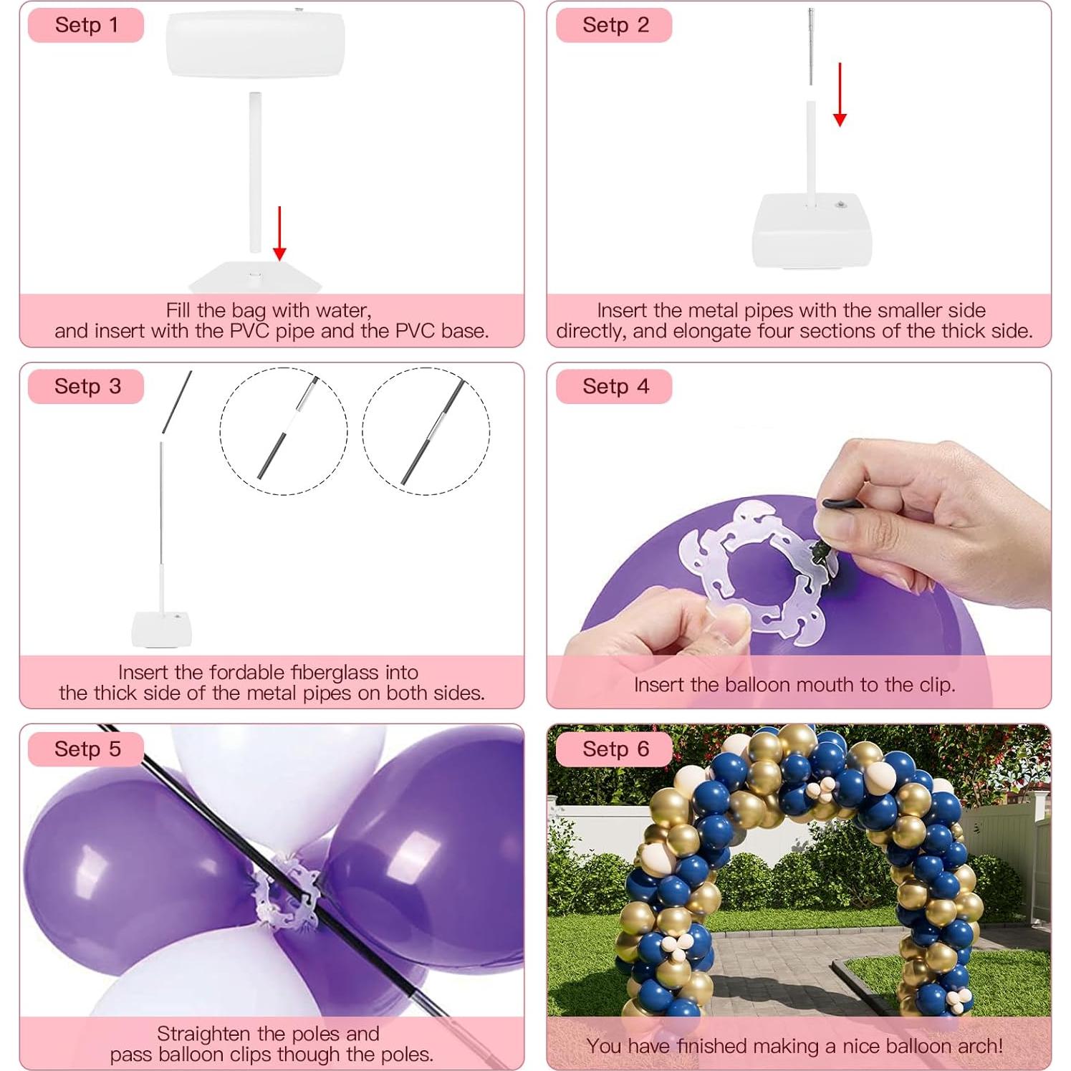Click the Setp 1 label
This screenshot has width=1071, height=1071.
click(x=86, y=25)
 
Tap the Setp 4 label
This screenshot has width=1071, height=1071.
click(x=615, y=387)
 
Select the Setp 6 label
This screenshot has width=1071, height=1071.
click(x=615, y=749)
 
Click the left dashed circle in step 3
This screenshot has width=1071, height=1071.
click(x=284, y=431)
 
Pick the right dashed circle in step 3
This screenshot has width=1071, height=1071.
click(x=426, y=431)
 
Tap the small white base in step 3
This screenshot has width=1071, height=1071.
click(x=162, y=628)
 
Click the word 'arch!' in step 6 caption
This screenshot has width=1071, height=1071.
click(x=979, y=1046)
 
